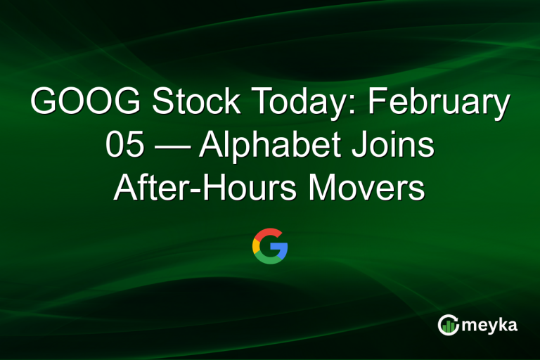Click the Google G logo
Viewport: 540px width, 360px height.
[270, 246]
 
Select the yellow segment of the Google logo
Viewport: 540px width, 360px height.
[256, 246]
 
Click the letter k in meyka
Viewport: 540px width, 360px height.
[502, 323]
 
